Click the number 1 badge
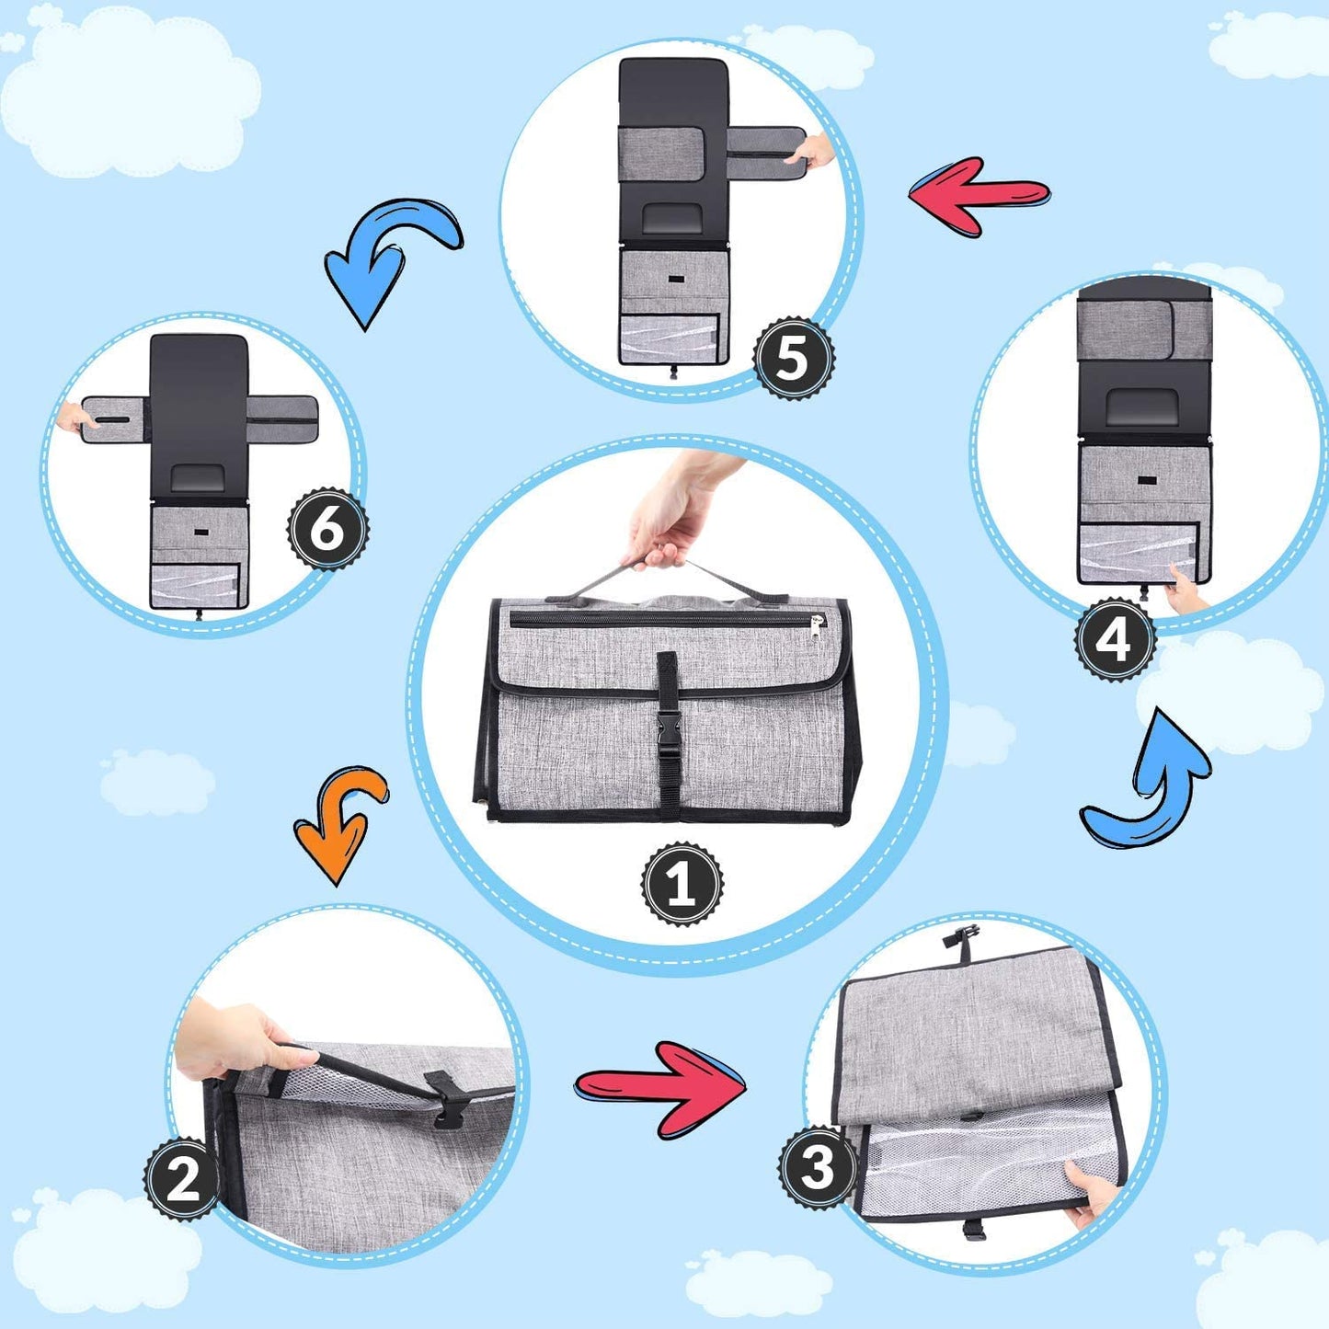(682, 884)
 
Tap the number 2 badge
(183, 1180)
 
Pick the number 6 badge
(327, 529)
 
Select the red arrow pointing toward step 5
(980, 197)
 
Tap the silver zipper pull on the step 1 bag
(818, 627)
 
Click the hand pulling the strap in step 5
(814, 152)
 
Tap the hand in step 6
(75, 418)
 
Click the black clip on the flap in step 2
(442, 1097)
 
